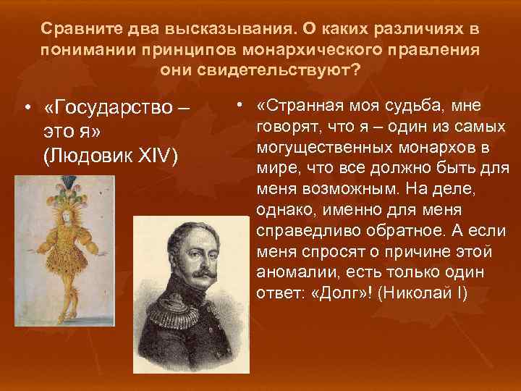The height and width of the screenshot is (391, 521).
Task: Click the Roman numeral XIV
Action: click(x=158, y=157)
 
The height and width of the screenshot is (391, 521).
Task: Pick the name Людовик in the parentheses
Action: click(x=90, y=157)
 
